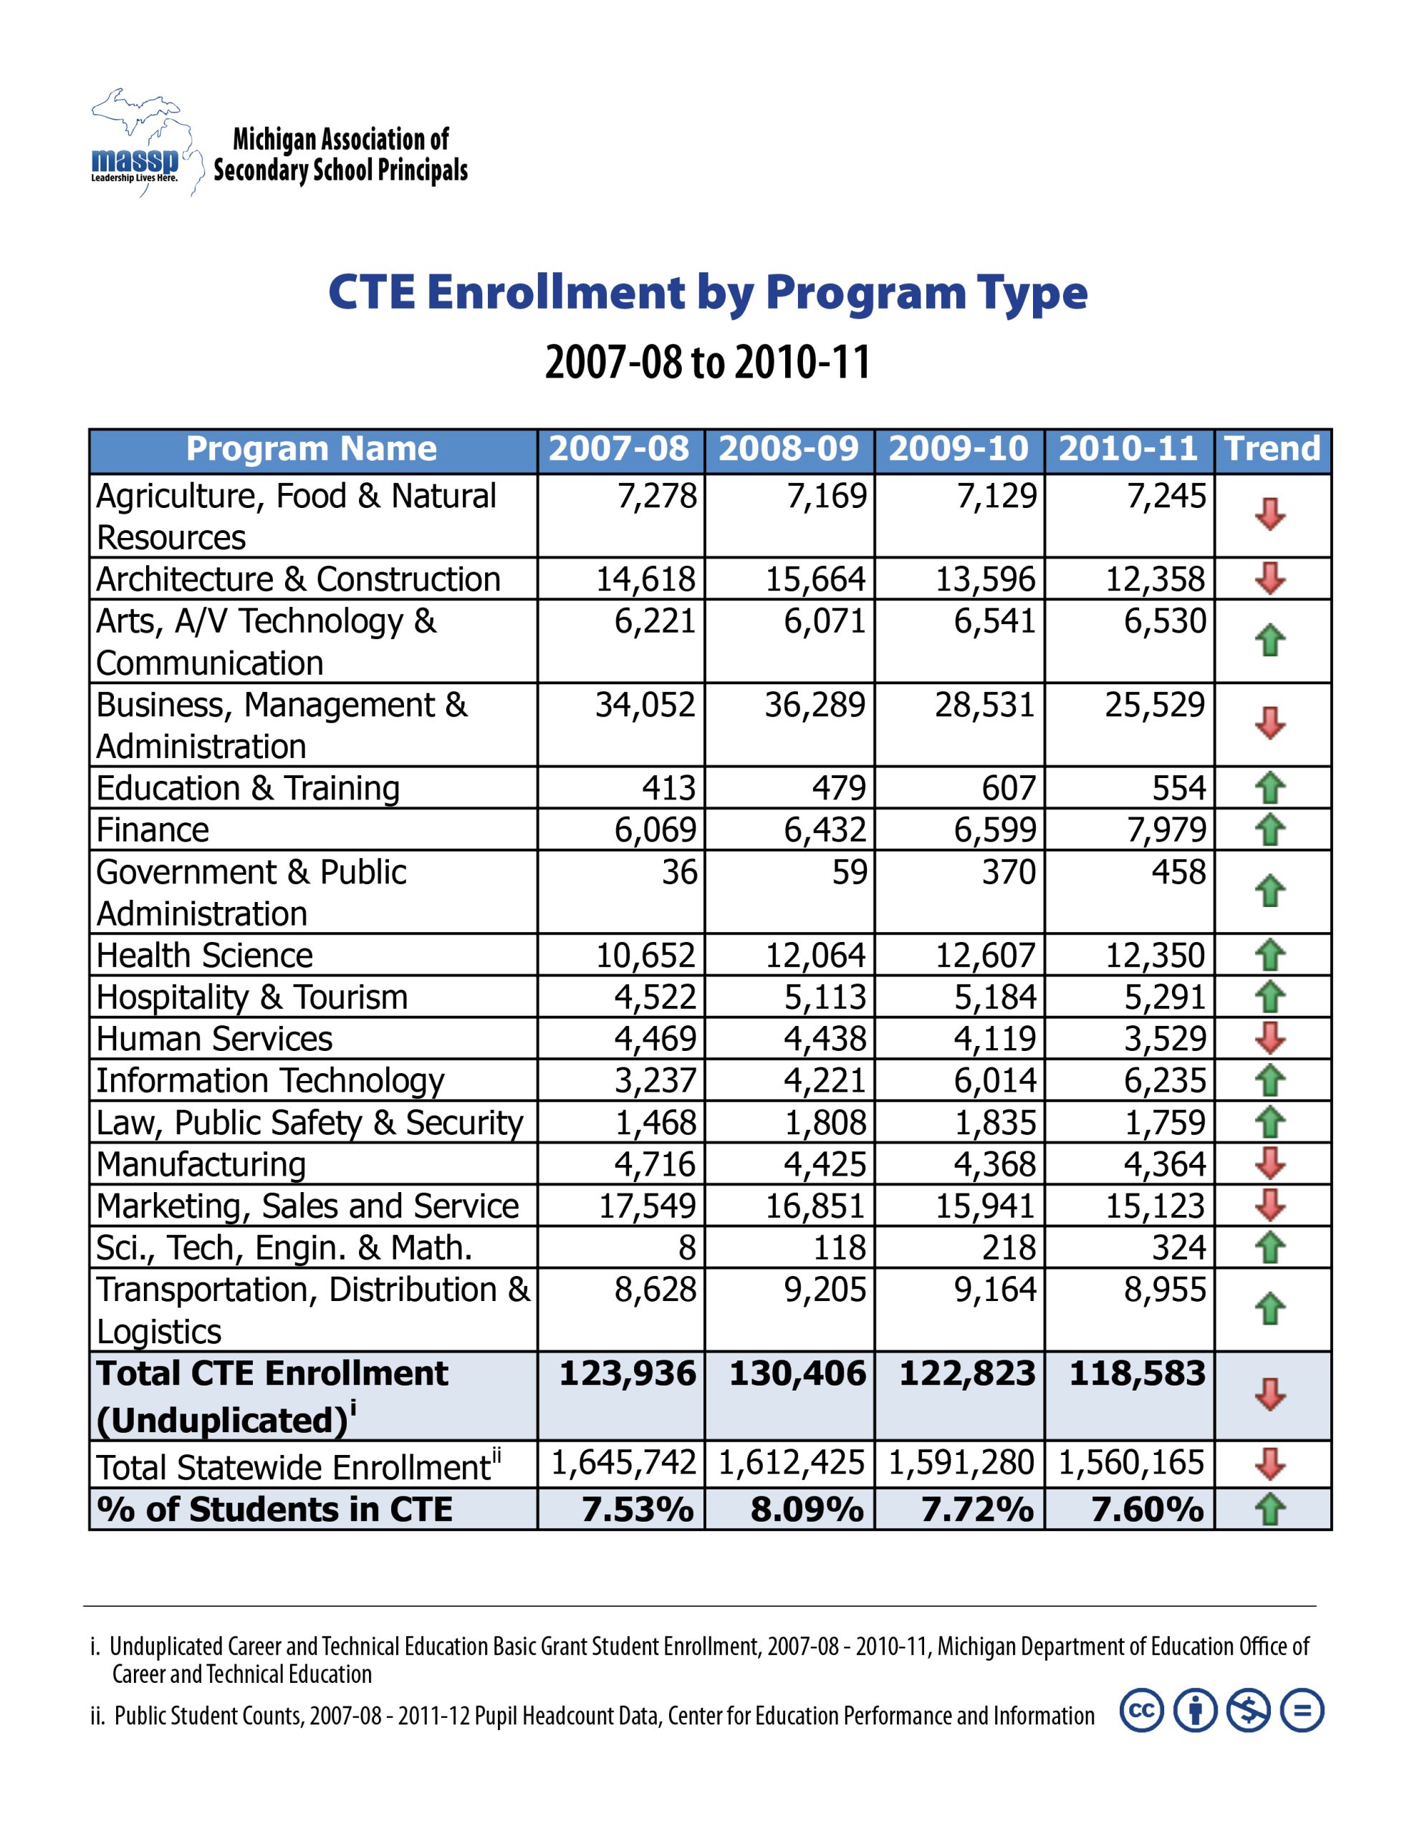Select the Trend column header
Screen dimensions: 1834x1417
click(x=1272, y=448)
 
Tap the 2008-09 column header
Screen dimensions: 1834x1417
click(x=788, y=448)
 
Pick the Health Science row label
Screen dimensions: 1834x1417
click(x=204, y=955)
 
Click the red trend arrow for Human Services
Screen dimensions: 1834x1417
click(x=1269, y=1038)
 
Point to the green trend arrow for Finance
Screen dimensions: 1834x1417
click(x=1269, y=830)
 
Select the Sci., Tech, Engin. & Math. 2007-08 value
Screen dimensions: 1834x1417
click(x=686, y=1247)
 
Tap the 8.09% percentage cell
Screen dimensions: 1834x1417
click(x=807, y=1509)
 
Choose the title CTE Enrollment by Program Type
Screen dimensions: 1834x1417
click(x=707, y=292)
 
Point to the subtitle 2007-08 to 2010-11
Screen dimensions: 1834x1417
click(x=707, y=362)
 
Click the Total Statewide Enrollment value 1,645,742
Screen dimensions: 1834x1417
click(x=623, y=1463)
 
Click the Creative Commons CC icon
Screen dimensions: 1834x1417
click(x=1141, y=1711)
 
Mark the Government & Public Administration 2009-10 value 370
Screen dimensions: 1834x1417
click(x=1009, y=872)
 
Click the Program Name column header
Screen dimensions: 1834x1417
click(x=312, y=448)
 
